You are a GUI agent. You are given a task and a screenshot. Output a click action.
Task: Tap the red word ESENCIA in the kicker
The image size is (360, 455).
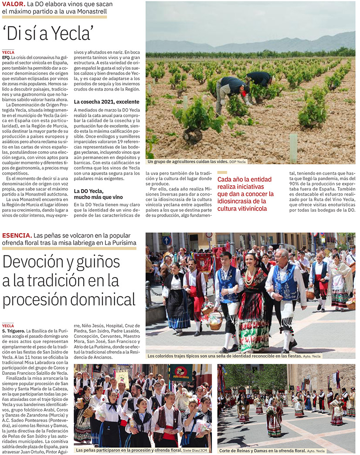16,235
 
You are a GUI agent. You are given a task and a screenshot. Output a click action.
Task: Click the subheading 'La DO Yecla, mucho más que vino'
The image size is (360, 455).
89,194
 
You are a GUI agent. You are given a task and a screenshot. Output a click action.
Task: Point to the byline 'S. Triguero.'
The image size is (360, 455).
13,331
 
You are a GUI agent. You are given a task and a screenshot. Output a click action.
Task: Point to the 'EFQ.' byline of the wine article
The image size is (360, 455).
6,57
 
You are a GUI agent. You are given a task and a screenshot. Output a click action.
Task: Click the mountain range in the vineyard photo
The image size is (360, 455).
262,44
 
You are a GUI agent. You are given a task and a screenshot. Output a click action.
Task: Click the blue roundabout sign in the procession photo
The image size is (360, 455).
166,240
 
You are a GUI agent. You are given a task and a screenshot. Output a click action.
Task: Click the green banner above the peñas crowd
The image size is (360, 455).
181,373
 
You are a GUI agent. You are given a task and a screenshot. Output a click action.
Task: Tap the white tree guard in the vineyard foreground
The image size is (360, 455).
293,148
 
